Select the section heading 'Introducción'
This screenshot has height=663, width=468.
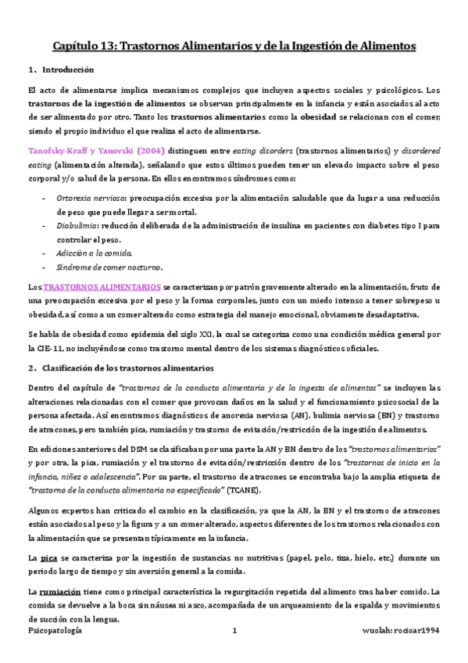pos(68,70)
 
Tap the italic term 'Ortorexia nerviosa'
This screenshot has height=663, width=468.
pos(85,198)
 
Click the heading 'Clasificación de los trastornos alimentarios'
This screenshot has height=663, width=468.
pos(130,367)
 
